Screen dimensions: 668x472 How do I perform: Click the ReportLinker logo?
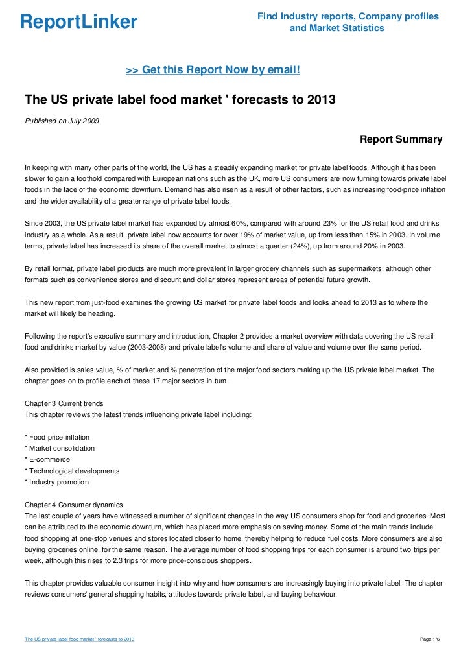point(78,22)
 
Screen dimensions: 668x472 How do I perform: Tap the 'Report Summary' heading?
point(401,139)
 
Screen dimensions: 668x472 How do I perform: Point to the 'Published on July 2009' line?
point(62,121)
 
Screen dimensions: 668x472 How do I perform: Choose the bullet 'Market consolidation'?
point(60,448)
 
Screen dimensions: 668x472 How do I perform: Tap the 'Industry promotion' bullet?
point(56,483)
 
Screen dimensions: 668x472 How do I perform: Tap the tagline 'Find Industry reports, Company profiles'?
point(348,16)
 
